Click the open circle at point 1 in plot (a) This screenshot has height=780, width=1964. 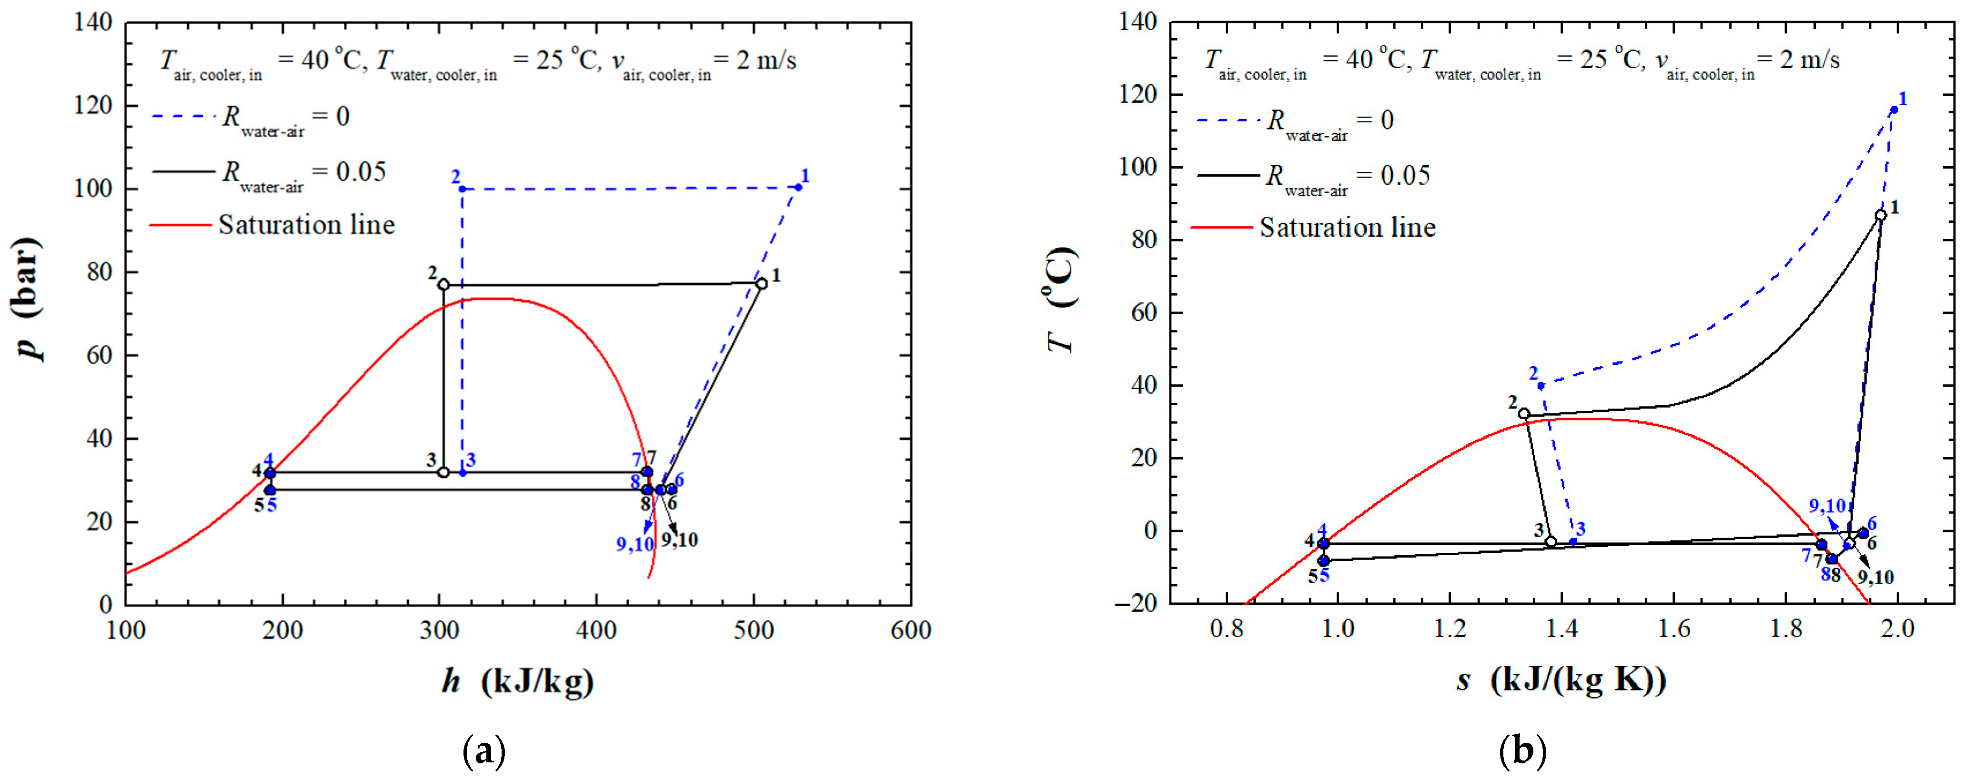tap(761, 284)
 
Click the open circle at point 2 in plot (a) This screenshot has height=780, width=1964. tap(444, 284)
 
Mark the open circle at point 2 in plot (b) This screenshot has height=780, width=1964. tap(1524, 413)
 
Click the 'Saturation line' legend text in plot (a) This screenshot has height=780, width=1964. tap(306, 225)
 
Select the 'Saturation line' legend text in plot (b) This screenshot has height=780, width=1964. tap(1347, 227)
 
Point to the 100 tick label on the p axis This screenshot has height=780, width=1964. tap(93, 189)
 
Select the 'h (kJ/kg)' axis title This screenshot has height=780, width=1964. tap(518, 681)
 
